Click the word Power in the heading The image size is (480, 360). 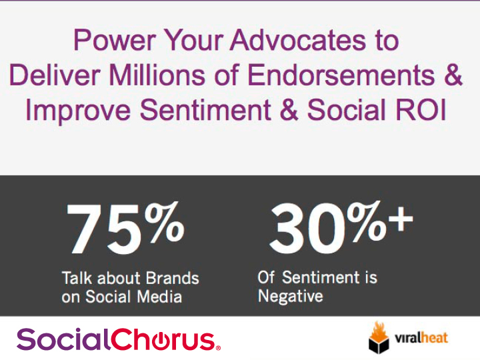pyautogui.click(x=115, y=40)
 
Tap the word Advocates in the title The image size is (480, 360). pyautogui.click(x=298, y=40)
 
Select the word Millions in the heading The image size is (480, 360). pyautogui.click(x=157, y=75)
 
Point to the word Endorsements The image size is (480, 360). pyautogui.click(x=341, y=75)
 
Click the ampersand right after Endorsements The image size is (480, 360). pyautogui.click(x=453, y=75)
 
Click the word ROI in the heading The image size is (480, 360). pyautogui.click(x=420, y=109)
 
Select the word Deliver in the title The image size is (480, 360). pyautogui.click(x=55, y=75)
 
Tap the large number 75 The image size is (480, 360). pyautogui.click(x=104, y=229)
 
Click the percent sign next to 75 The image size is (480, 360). pyautogui.click(x=165, y=222)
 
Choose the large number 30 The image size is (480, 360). pyautogui.click(x=309, y=229)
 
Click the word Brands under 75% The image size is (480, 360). pyautogui.click(x=172, y=278)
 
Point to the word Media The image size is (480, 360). pyautogui.click(x=159, y=296)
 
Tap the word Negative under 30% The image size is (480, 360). pyautogui.click(x=290, y=296)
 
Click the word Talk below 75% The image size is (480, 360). pyautogui.click(x=77, y=278)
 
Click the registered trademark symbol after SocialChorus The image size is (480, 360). pyautogui.click(x=218, y=348)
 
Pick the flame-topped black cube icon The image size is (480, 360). pyautogui.click(x=379, y=337)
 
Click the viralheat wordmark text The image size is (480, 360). pyautogui.click(x=421, y=337)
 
